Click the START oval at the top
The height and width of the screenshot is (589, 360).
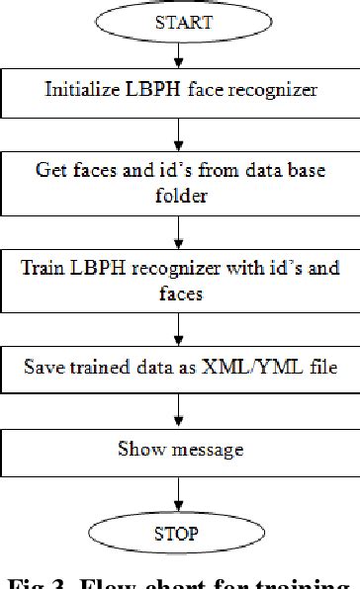coord(180,23)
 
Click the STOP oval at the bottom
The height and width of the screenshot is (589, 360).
coord(180,534)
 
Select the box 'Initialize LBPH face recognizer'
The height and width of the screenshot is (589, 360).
coord(180,89)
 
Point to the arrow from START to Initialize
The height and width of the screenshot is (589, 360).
coord(180,54)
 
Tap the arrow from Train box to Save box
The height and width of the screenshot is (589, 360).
coord(180,324)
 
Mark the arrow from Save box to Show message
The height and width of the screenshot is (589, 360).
coord(180,406)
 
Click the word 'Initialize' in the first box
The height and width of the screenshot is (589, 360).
coord(78,89)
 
